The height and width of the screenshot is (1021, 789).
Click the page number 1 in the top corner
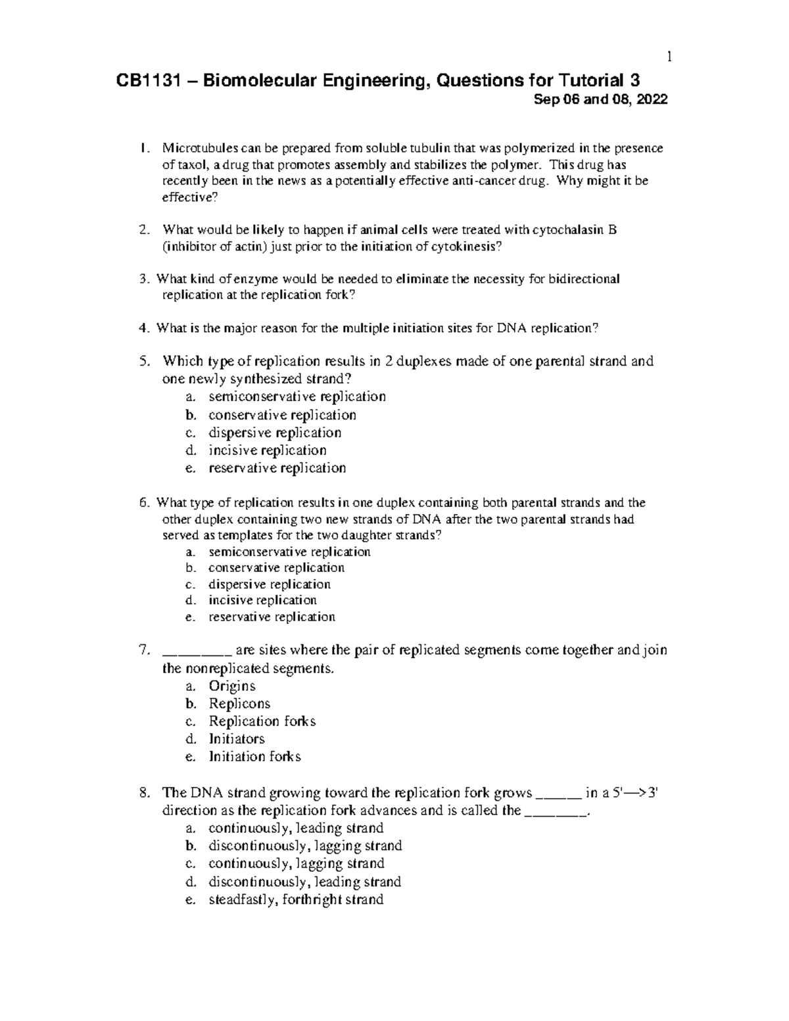tap(669, 58)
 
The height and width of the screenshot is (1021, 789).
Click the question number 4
tap(144, 329)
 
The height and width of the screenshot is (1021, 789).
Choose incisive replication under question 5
tap(267, 451)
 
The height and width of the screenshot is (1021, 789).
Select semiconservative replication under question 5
tap(297, 397)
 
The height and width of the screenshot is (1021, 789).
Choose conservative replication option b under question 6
tap(276, 568)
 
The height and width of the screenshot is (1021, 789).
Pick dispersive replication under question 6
tap(269, 584)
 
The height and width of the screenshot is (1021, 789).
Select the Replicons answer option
tap(239, 703)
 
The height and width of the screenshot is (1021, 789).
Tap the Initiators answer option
tap(236, 739)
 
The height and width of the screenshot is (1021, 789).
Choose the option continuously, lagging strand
tap(296, 864)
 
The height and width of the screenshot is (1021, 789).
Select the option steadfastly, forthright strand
tap(295, 899)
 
